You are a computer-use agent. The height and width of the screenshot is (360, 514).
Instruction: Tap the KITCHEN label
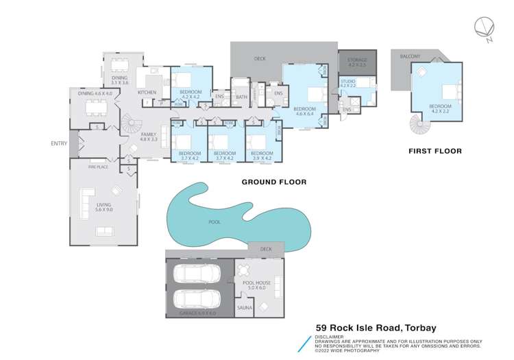coord(147,92)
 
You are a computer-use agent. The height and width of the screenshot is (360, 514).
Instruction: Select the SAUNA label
coord(245,307)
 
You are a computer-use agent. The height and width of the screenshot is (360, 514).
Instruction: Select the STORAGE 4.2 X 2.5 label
coord(357,62)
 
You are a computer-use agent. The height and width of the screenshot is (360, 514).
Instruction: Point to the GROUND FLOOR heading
coord(273,182)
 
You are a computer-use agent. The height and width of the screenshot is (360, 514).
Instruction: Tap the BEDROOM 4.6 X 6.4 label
coord(305,111)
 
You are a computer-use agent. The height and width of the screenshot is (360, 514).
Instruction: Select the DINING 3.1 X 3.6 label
coord(120,80)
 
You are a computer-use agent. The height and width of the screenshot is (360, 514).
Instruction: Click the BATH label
coord(241,97)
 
